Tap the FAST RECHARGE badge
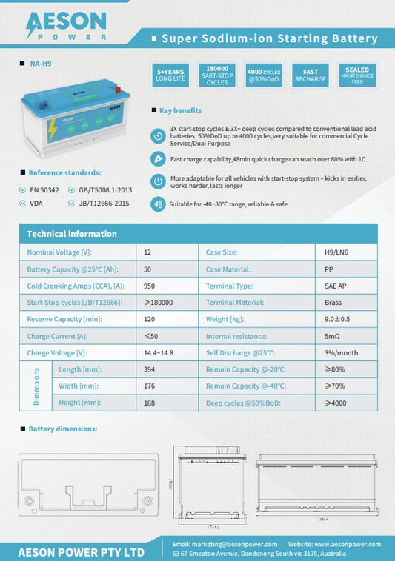pyautogui.click(x=311, y=75)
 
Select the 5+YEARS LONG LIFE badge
pyautogui.click(x=170, y=75)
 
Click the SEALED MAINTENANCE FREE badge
pyautogui.click(x=357, y=74)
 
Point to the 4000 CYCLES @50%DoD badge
pyautogui.click(x=264, y=75)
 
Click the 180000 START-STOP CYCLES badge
pyautogui.click(x=216, y=75)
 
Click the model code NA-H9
pyautogui.click(x=42, y=64)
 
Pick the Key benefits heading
pyautogui.click(x=180, y=111)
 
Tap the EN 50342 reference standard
pyautogui.click(x=44, y=189)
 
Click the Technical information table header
pyautogui.click(x=72, y=234)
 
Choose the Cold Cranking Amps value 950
pyautogui.click(x=149, y=286)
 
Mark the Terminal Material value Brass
pyautogui.click(x=333, y=303)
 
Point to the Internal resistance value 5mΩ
pyautogui.click(x=332, y=336)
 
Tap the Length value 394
pyautogui.click(x=149, y=369)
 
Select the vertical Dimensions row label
pyautogui.click(x=35, y=386)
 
